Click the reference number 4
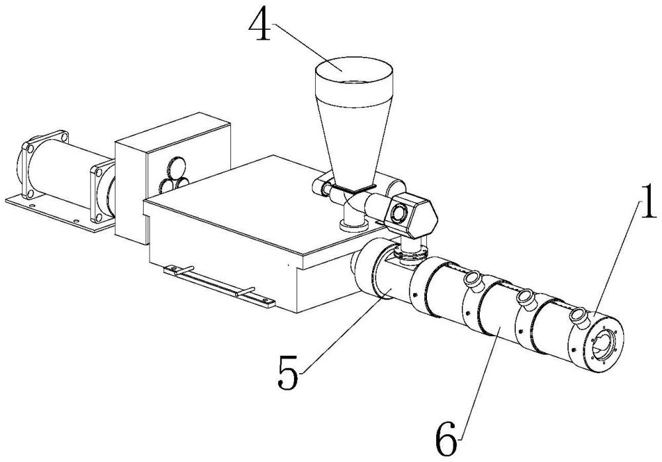coord(260,26)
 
